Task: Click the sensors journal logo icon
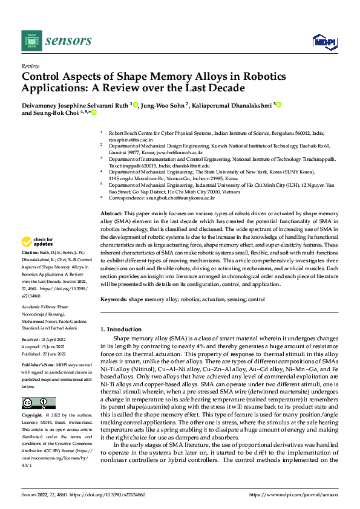[x=30, y=40]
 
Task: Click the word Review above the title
[x=30, y=66]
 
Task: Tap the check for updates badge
[x=38, y=242]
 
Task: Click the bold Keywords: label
[x=113, y=299]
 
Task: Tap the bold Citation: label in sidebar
[x=30, y=251]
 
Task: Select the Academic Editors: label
[x=39, y=307]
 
